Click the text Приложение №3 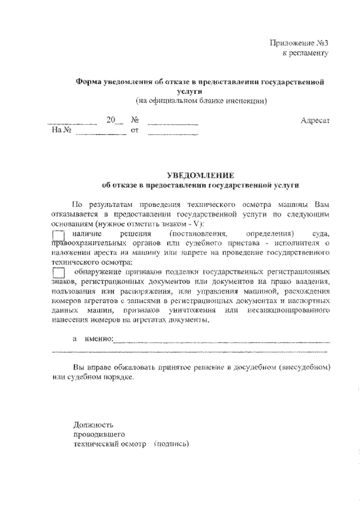(x=298, y=43)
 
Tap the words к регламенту (x=304, y=53)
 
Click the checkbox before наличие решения (x=58, y=235)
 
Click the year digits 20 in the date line (x=111, y=121)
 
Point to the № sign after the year (x=134, y=121)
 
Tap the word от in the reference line (x=134, y=131)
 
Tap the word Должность (x=93, y=424)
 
